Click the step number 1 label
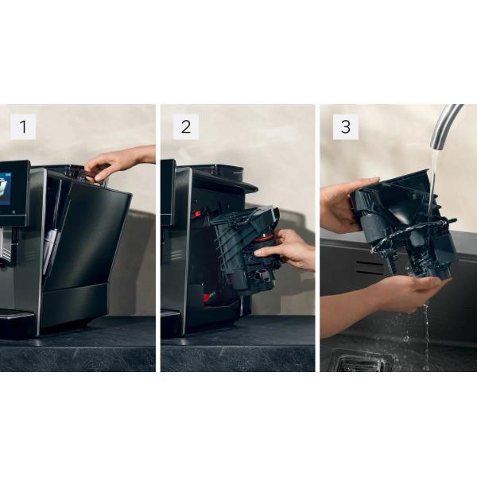22,127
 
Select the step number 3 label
345,127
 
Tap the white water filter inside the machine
49,246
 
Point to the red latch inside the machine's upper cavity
196,214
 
